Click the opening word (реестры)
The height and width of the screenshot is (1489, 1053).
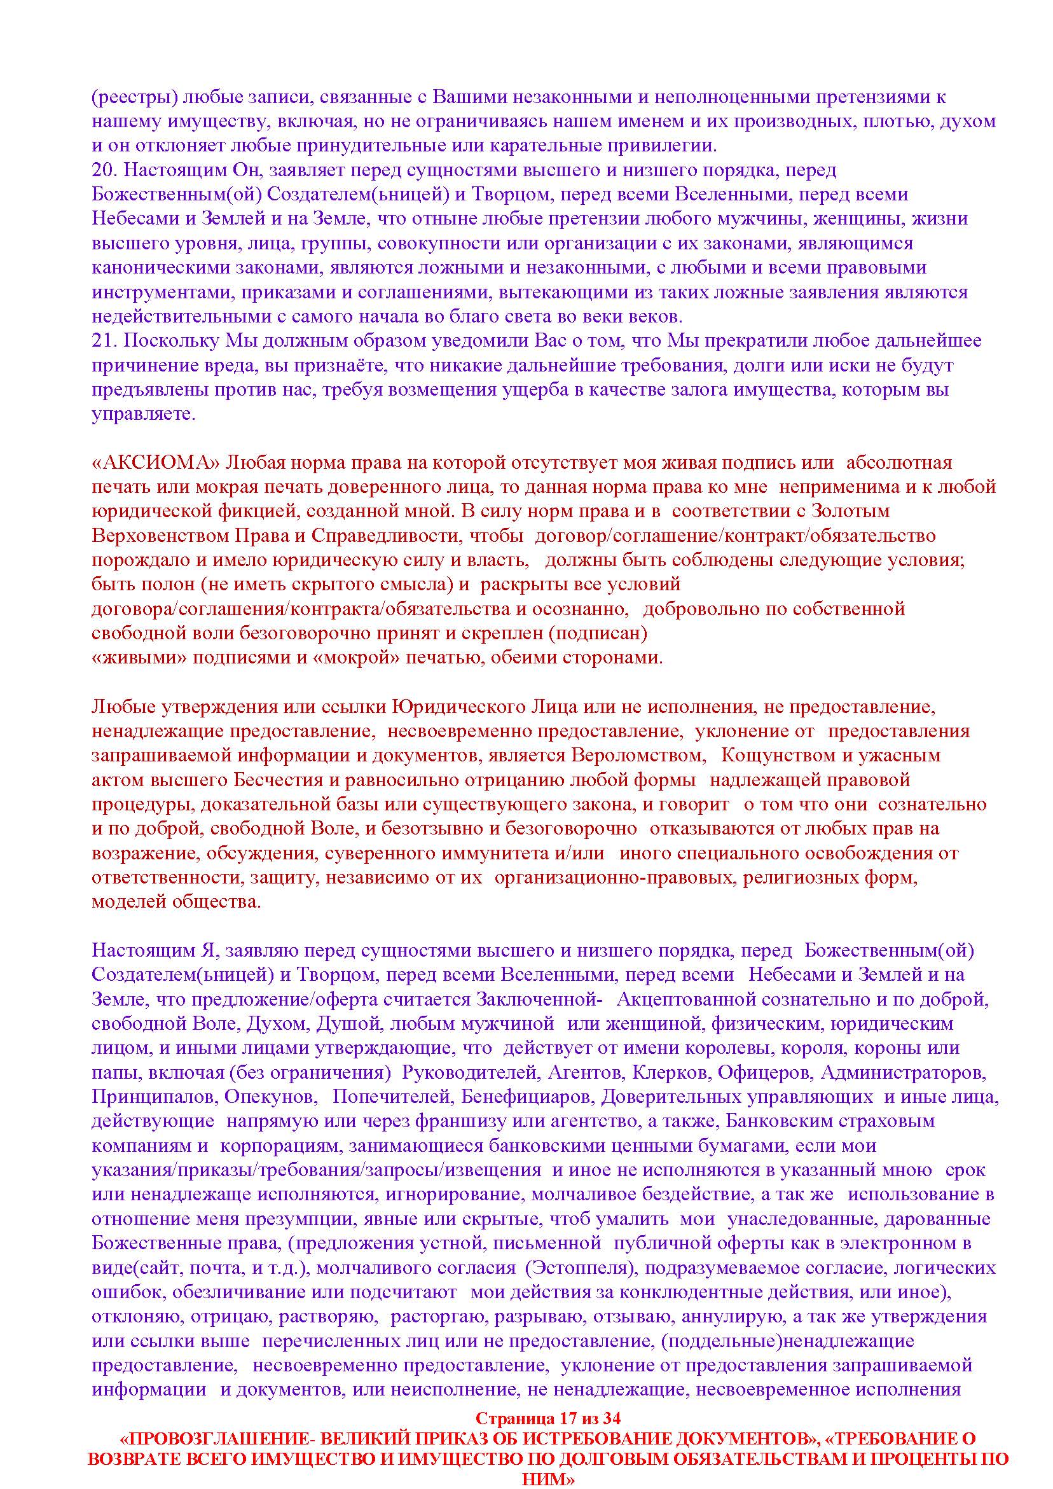click(133, 97)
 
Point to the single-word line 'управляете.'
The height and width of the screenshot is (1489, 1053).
click(143, 415)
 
